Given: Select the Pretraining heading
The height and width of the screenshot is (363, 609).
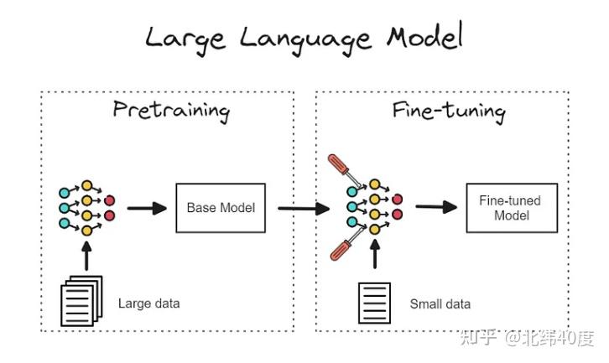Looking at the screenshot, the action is point(171,111).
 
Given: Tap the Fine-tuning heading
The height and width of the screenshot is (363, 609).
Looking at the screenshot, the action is point(449,111).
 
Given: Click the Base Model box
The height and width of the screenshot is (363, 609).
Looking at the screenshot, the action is point(221,208).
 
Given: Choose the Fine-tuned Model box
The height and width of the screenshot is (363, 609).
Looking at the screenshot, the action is point(512,208).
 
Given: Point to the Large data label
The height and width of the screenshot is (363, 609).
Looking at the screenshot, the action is point(148,303).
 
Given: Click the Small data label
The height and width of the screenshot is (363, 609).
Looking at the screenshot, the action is point(440,303).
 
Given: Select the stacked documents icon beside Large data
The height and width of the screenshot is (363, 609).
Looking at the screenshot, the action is point(81,301).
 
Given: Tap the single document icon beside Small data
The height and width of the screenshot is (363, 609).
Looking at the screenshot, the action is point(374,303).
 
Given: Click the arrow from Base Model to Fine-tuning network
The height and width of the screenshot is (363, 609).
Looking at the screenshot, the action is point(304,209).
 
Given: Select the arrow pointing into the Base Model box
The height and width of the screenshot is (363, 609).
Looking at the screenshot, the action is point(147,209).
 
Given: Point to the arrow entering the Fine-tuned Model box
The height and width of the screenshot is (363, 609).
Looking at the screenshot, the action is point(436,206).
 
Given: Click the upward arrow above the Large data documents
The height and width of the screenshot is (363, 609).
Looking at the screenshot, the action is point(86,256).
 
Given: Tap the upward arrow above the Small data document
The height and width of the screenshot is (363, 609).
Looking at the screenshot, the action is point(375,254).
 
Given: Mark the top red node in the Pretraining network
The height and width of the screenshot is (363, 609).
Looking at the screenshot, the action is point(110,200).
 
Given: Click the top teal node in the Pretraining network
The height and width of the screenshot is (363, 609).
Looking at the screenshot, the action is point(64,193).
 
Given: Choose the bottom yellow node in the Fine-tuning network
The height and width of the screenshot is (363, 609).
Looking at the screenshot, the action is point(374,230).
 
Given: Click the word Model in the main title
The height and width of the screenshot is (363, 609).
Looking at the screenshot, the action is point(424,36).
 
